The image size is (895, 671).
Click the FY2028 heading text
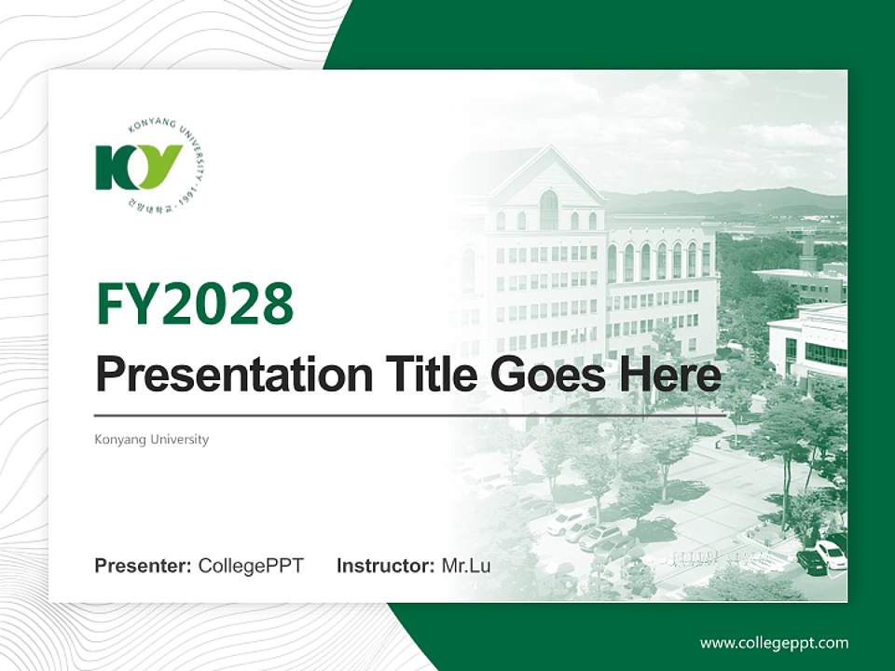pos(195,303)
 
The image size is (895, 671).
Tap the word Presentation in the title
pos(221,376)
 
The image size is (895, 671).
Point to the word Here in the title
pos(669,375)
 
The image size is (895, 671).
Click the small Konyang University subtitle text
pos(151,439)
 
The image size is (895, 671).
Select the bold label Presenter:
pos(144,566)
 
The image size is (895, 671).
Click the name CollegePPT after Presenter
pos(251,566)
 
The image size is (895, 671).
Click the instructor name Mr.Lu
pos(466,566)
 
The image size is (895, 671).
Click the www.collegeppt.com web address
pos(774,642)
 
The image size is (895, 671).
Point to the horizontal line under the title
pos(410,415)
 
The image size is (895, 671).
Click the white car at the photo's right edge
pos(831,554)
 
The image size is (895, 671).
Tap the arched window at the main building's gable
pos(549,210)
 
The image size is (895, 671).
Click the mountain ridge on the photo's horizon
pos(727,198)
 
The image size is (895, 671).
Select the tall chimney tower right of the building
pos(807,247)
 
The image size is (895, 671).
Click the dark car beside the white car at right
pos(810,562)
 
